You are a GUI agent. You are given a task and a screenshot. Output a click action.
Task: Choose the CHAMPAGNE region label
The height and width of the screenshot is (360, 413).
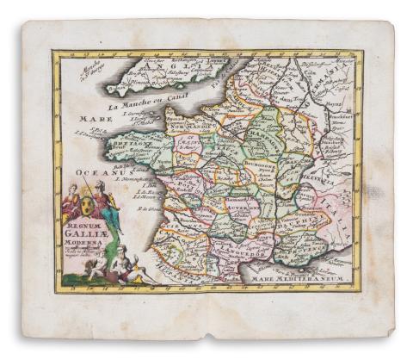coord(268,137)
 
